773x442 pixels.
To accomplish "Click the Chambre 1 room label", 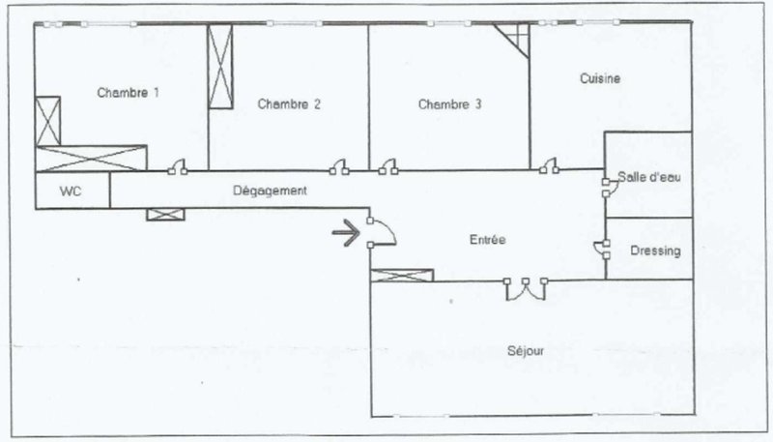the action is (128, 93).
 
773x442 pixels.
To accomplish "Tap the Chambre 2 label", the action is (289, 104).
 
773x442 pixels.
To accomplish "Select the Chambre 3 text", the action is (449, 104).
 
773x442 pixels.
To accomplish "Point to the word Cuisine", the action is (600, 78).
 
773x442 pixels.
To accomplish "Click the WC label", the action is (71, 191).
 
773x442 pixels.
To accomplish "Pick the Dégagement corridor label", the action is (270, 191).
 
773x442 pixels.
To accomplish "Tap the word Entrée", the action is (488, 240).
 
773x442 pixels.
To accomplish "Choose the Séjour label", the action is (526, 351).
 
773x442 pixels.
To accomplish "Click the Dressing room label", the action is (656, 251).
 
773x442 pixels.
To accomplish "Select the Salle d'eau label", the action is (649, 177).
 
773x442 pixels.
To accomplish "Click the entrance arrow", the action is (347, 232).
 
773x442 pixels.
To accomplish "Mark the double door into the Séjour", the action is (526, 290).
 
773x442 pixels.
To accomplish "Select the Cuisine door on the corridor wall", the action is (549, 166).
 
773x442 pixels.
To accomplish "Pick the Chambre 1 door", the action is (178, 167).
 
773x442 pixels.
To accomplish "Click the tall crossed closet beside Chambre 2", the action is (220, 66).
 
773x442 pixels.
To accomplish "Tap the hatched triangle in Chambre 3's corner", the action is (516, 38).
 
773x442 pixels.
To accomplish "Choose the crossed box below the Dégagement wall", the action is (165, 214).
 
